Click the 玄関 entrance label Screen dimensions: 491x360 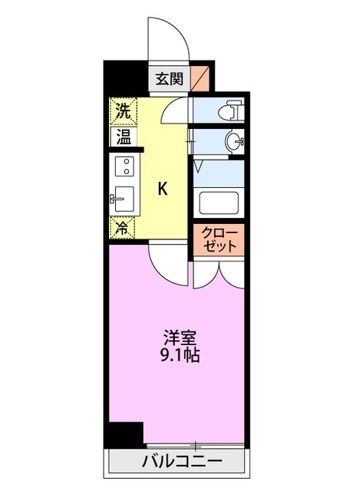click(x=170, y=78)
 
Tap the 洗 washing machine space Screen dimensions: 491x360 click(x=124, y=110)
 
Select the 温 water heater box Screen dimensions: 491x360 click(x=124, y=137)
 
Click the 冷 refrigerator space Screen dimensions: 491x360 click(x=122, y=227)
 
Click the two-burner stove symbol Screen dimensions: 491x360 click(x=124, y=166)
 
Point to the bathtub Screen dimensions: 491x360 click(x=220, y=203)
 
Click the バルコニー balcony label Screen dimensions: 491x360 click(x=182, y=462)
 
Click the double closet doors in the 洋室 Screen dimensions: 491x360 click(x=219, y=273)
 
